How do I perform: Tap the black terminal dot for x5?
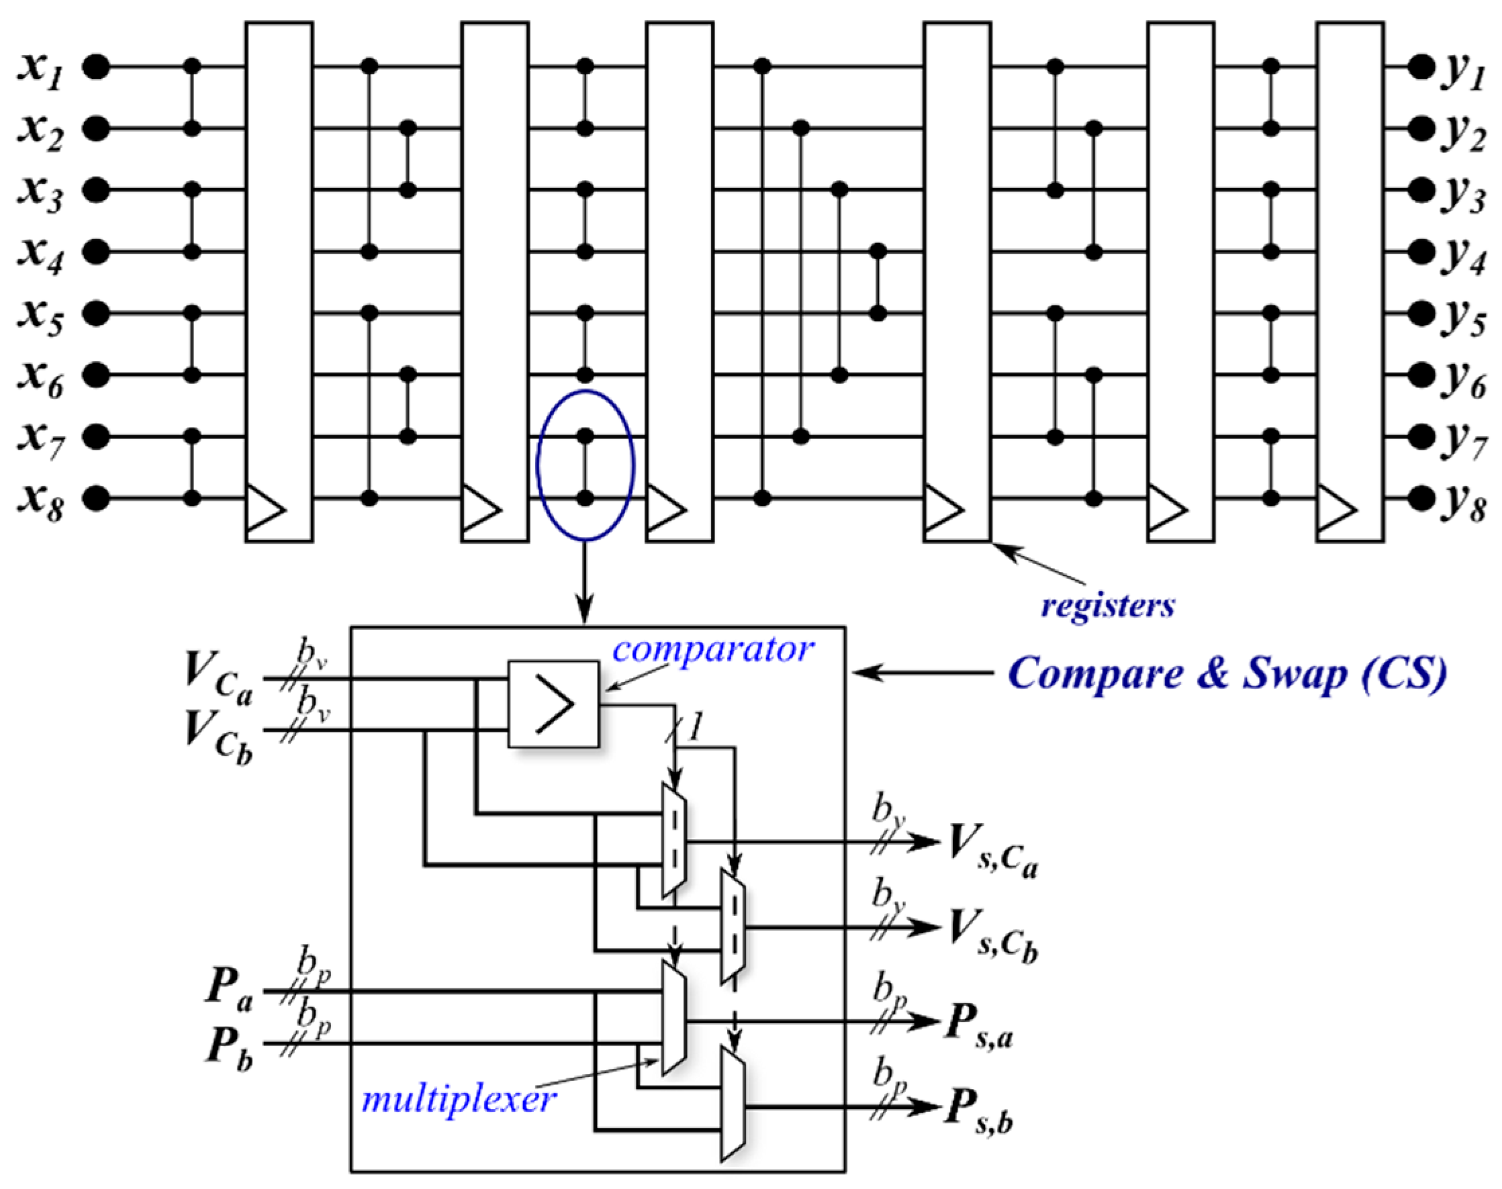pyautogui.click(x=96, y=314)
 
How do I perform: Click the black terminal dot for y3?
pyautogui.click(x=1420, y=189)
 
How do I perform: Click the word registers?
pyautogui.click(x=1107, y=605)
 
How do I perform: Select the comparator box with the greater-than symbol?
pyautogui.click(x=553, y=704)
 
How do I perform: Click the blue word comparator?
pyautogui.click(x=712, y=649)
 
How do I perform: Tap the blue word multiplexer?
pyautogui.click(x=459, y=1099)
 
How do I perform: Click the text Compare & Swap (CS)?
pyautogui.click(x=1227, y=674)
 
